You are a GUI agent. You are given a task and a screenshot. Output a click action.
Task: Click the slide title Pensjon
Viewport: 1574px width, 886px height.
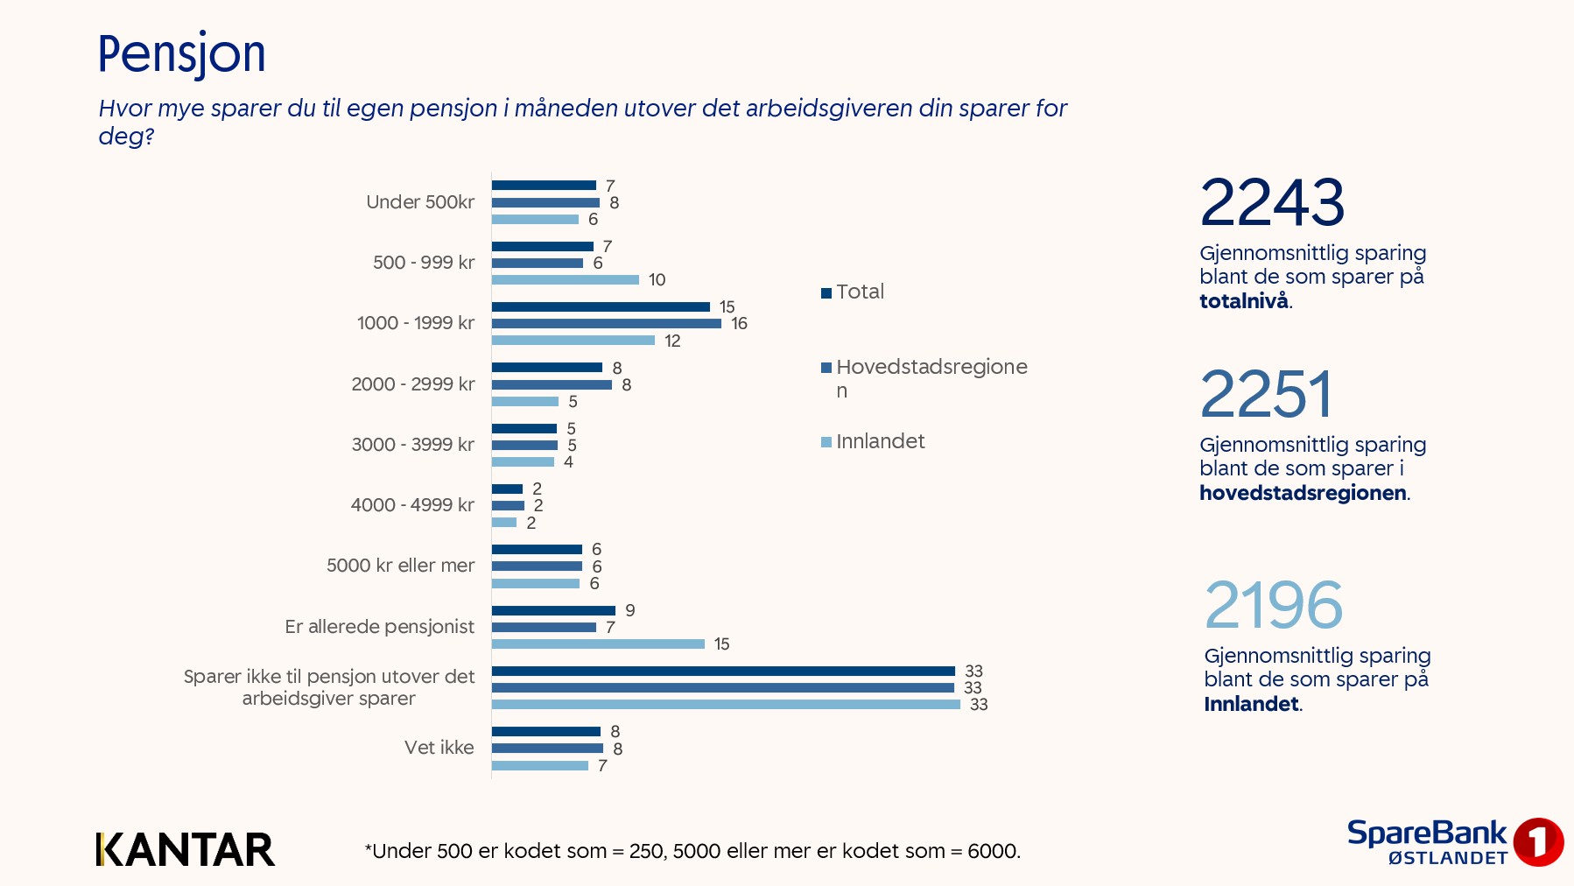coord(181,54)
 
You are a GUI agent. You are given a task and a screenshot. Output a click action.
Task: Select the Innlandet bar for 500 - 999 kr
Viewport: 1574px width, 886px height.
coord(565,280)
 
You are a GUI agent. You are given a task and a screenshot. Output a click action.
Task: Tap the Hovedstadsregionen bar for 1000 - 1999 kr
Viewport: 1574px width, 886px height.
coord(606,324)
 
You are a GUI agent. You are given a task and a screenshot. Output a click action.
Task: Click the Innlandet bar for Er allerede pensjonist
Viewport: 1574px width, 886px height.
coord(598,644)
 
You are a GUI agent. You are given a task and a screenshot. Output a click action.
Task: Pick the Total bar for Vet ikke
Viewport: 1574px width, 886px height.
coord(545,732)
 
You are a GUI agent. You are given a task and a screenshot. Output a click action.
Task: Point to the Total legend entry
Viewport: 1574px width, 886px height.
coord(853,292)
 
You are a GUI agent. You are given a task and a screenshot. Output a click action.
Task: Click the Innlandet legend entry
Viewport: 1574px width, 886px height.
coord(873,442)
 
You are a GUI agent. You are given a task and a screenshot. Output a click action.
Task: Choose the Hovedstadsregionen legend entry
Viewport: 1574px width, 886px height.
coord(924,378)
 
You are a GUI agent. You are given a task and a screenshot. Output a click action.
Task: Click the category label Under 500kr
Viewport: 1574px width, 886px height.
coord(420,202)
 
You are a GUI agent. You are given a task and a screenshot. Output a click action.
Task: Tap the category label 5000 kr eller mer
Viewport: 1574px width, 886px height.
coord(400,566)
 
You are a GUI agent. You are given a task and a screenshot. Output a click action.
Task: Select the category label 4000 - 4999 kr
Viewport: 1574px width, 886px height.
coord(412,505)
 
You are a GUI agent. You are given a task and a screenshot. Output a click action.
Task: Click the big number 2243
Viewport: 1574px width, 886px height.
coord(1272,203)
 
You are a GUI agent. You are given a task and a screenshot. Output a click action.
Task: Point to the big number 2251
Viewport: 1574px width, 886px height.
coord(1267,395)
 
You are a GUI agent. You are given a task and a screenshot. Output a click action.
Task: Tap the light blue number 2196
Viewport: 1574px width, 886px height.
coord(1274,605)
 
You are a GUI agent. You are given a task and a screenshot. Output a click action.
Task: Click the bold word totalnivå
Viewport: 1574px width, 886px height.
coord(1244,301)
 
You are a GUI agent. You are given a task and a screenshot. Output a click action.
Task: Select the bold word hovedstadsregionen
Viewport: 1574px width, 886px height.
coord(1303,493)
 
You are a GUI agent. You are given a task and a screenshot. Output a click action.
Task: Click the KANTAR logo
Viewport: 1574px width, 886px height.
coord(186,849)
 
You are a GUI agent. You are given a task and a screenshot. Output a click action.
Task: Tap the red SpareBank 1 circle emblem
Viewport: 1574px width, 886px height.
coord(1538,842)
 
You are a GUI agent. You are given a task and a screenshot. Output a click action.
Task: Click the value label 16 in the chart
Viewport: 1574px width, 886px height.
coord(740,324)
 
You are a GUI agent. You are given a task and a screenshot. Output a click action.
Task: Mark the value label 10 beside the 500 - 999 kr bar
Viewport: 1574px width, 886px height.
coord(657,280)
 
